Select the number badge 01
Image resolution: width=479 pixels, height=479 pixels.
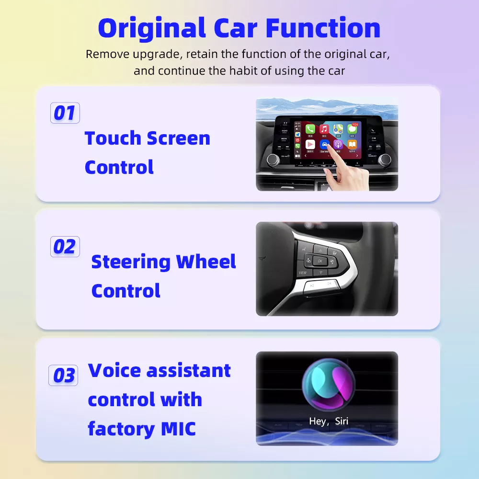point(65,113)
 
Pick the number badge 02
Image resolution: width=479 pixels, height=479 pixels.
point(65,247)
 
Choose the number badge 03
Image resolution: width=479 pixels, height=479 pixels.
point(63,376)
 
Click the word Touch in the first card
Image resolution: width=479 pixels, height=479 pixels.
point(113,138)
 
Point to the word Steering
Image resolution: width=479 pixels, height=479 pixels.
point(130,262)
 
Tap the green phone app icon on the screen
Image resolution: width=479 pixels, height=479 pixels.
point(310,129)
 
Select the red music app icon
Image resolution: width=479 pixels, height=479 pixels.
point(324,129)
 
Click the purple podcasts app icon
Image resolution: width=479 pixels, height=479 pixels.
point(338,144)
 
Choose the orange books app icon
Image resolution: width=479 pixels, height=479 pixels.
point(352,144)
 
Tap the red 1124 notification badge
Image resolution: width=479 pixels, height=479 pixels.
point(355,125)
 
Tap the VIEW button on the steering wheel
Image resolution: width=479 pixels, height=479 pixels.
point(303,273)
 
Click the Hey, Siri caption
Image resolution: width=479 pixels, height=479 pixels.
point(329,422)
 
